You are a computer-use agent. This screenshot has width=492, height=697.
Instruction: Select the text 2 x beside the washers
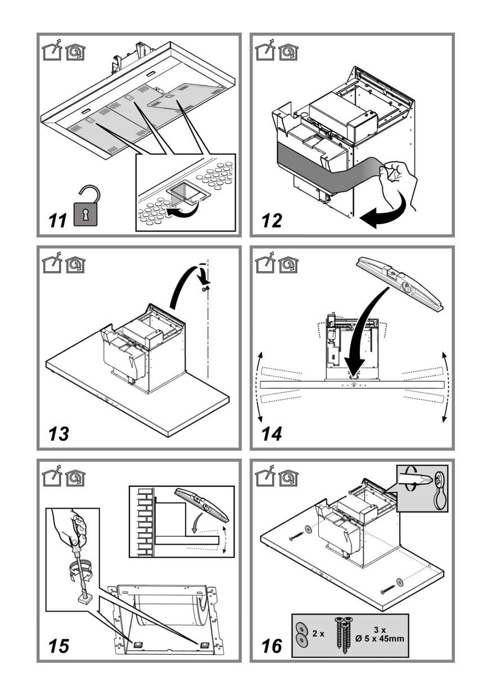point(319,633)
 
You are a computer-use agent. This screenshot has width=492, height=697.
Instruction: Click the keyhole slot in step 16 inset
point(436,488)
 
